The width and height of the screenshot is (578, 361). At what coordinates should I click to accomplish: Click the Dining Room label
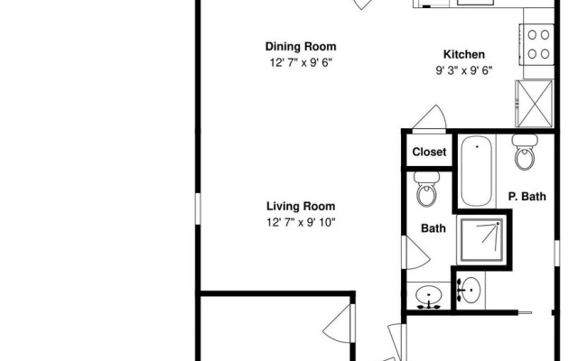[301, 47]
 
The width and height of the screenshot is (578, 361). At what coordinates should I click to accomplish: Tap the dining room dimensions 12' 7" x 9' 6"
[301, 62]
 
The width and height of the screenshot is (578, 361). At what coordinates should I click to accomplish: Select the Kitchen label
[463, 54]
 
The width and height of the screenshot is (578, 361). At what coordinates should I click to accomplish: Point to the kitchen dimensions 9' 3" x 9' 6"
[463, 70]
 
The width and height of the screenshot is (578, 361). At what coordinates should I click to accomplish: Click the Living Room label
[301, 207]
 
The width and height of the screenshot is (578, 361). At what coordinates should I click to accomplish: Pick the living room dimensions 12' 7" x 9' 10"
[301, 222]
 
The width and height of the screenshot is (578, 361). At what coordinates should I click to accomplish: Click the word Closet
[429, 152]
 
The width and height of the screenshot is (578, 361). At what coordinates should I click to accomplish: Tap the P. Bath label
[527, 197]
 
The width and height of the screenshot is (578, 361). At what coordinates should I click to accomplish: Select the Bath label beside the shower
[433, 228]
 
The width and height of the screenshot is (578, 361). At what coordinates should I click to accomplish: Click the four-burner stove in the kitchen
[537, 44]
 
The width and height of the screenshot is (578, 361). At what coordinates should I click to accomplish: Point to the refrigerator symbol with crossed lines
[534, 104]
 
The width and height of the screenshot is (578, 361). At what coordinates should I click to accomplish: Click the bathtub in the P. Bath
[477, 171]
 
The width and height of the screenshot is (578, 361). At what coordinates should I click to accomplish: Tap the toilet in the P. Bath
[525, 153]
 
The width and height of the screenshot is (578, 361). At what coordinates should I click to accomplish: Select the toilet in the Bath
[426, 189]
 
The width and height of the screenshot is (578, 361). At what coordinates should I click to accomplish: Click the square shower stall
[480, 239]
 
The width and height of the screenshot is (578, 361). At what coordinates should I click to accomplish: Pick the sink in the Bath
[429, 295]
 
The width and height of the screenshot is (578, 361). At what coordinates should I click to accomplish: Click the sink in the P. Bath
[469, 290]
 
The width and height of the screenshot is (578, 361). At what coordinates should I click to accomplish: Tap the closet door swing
[430, 118]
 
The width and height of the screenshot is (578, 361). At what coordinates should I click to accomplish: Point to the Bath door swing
[415, 253]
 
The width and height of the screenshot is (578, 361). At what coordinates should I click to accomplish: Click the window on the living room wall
[198, 208]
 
